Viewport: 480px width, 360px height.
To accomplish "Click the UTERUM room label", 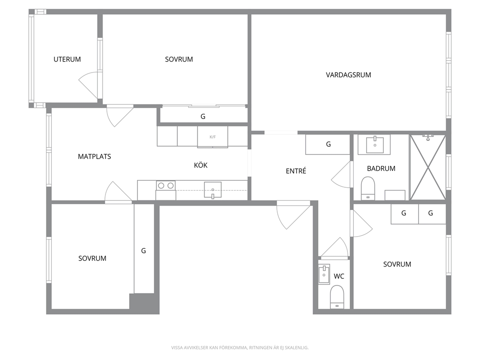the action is click(x=67, y=60).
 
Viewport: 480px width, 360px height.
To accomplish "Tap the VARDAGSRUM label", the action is click(x=348, y=75).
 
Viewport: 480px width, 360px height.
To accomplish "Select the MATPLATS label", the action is click(x=94, y=157).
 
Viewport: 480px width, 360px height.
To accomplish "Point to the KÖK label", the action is click(x=201, y=165).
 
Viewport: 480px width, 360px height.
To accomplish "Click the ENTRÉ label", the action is click(x=296, y=171).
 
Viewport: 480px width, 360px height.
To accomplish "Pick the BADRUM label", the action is click(x=381, y=169).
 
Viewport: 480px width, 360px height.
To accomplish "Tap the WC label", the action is click(x=339, y=276).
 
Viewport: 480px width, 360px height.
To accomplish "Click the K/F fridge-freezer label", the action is click(x=212, y=137).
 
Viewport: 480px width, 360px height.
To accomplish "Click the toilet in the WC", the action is click(x=337, y=297).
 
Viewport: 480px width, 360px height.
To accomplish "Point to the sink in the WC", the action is click(x=324, y=274).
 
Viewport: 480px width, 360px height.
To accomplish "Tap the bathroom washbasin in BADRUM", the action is click(x=375, y=145).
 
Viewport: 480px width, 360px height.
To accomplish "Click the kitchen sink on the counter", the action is click(x=213, y=190).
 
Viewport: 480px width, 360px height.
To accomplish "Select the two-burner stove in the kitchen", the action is click(x=165, y=185).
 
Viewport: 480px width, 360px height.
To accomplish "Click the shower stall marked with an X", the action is click(x=428, y=167).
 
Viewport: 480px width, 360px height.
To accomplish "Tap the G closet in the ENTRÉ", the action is click(x=328, y=144).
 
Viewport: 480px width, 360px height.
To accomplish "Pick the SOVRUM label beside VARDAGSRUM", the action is click(x=179, y=60).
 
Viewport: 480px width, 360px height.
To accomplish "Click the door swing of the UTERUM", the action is click(x=88, y=85).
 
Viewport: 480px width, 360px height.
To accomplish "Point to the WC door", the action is click(x=334, y=247).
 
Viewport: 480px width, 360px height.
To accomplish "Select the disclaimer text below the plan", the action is click(x=240, y=348).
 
